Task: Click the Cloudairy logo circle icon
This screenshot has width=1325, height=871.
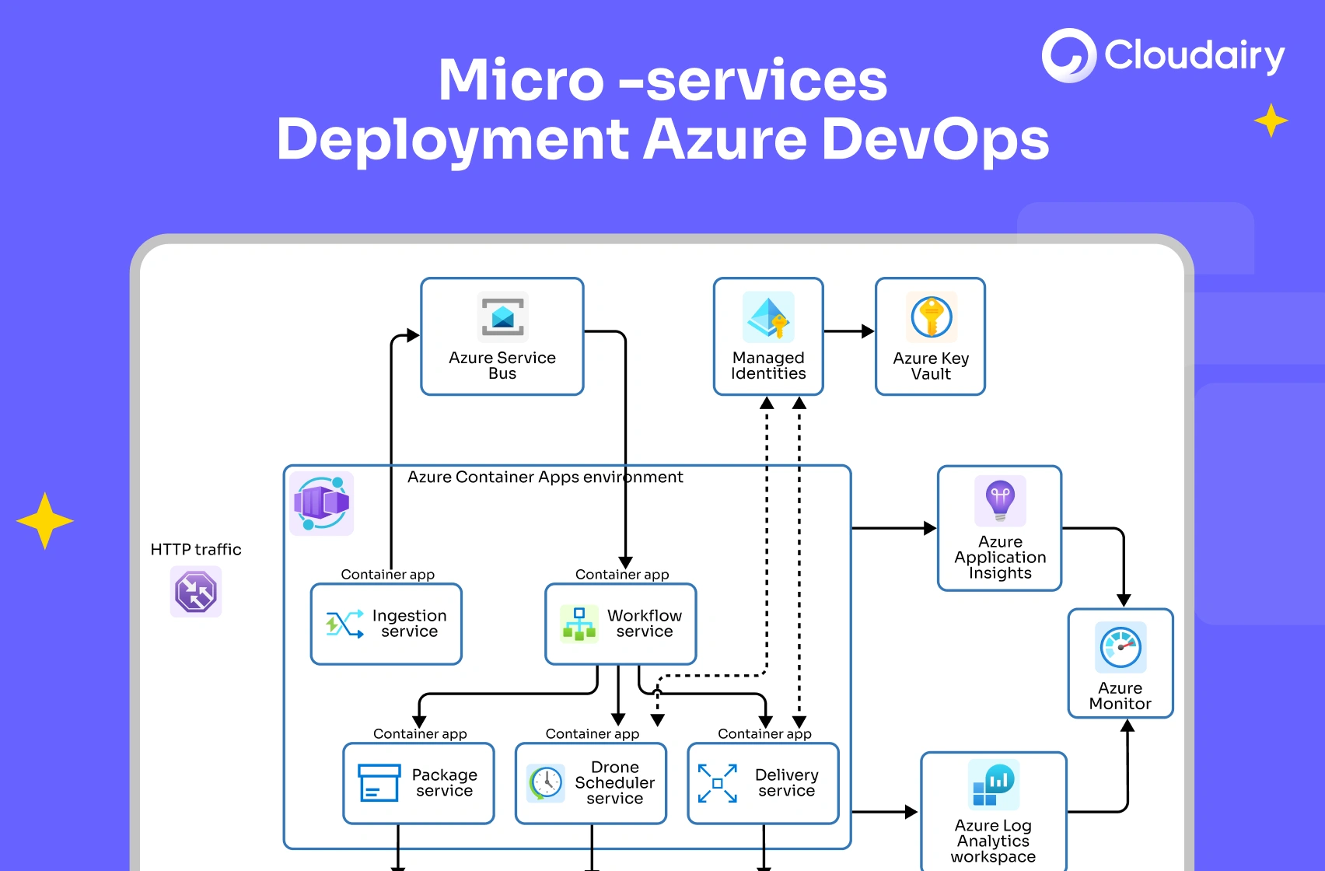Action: click(x=1069, y=56)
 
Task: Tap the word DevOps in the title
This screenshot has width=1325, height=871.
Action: click(x=935, y=140)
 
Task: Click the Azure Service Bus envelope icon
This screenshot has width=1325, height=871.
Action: click(x=502, y=317)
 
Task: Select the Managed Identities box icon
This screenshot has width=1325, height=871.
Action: click(x=768, y=317)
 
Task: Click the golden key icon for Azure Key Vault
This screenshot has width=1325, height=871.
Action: click(x=931, y=317)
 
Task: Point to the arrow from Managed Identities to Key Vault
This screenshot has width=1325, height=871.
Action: click(x=848, y=331)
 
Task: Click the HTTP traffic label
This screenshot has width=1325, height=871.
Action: click(x=196, y=550)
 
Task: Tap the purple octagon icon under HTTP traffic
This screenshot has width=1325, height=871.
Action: click(x=196, y=592)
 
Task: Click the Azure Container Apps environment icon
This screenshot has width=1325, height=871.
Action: click(x=321, y=503)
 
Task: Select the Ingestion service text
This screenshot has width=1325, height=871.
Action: click(x=409, y=624)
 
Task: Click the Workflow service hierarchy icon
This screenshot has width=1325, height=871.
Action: click(x=579, y=624)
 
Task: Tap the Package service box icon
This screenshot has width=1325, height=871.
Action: click(x=379, y=782)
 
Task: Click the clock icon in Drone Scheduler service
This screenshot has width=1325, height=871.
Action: click(x=546, y=782)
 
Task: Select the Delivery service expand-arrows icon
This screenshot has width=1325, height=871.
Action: click(x=717, y=783)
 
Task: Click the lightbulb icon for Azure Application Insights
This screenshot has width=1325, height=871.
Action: click(x=1000, y=500)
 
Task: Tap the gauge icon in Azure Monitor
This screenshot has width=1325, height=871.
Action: click(x=1120, y=647)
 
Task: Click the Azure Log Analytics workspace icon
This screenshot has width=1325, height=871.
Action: click(x=993, y=785)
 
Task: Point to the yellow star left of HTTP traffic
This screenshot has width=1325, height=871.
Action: click(x=45, y=521)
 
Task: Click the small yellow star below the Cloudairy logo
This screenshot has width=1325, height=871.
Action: click(x=1271, y=121)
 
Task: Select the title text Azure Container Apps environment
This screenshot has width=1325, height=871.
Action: click(x=544, y=477)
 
